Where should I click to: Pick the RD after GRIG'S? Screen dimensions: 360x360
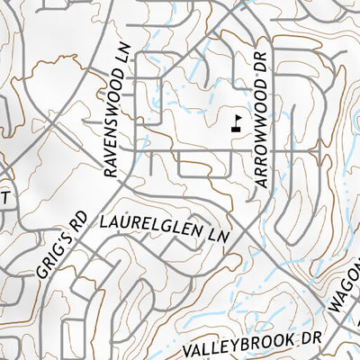click(x=79, y=220)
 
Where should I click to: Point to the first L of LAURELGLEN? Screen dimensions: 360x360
click(x=103, y=220)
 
